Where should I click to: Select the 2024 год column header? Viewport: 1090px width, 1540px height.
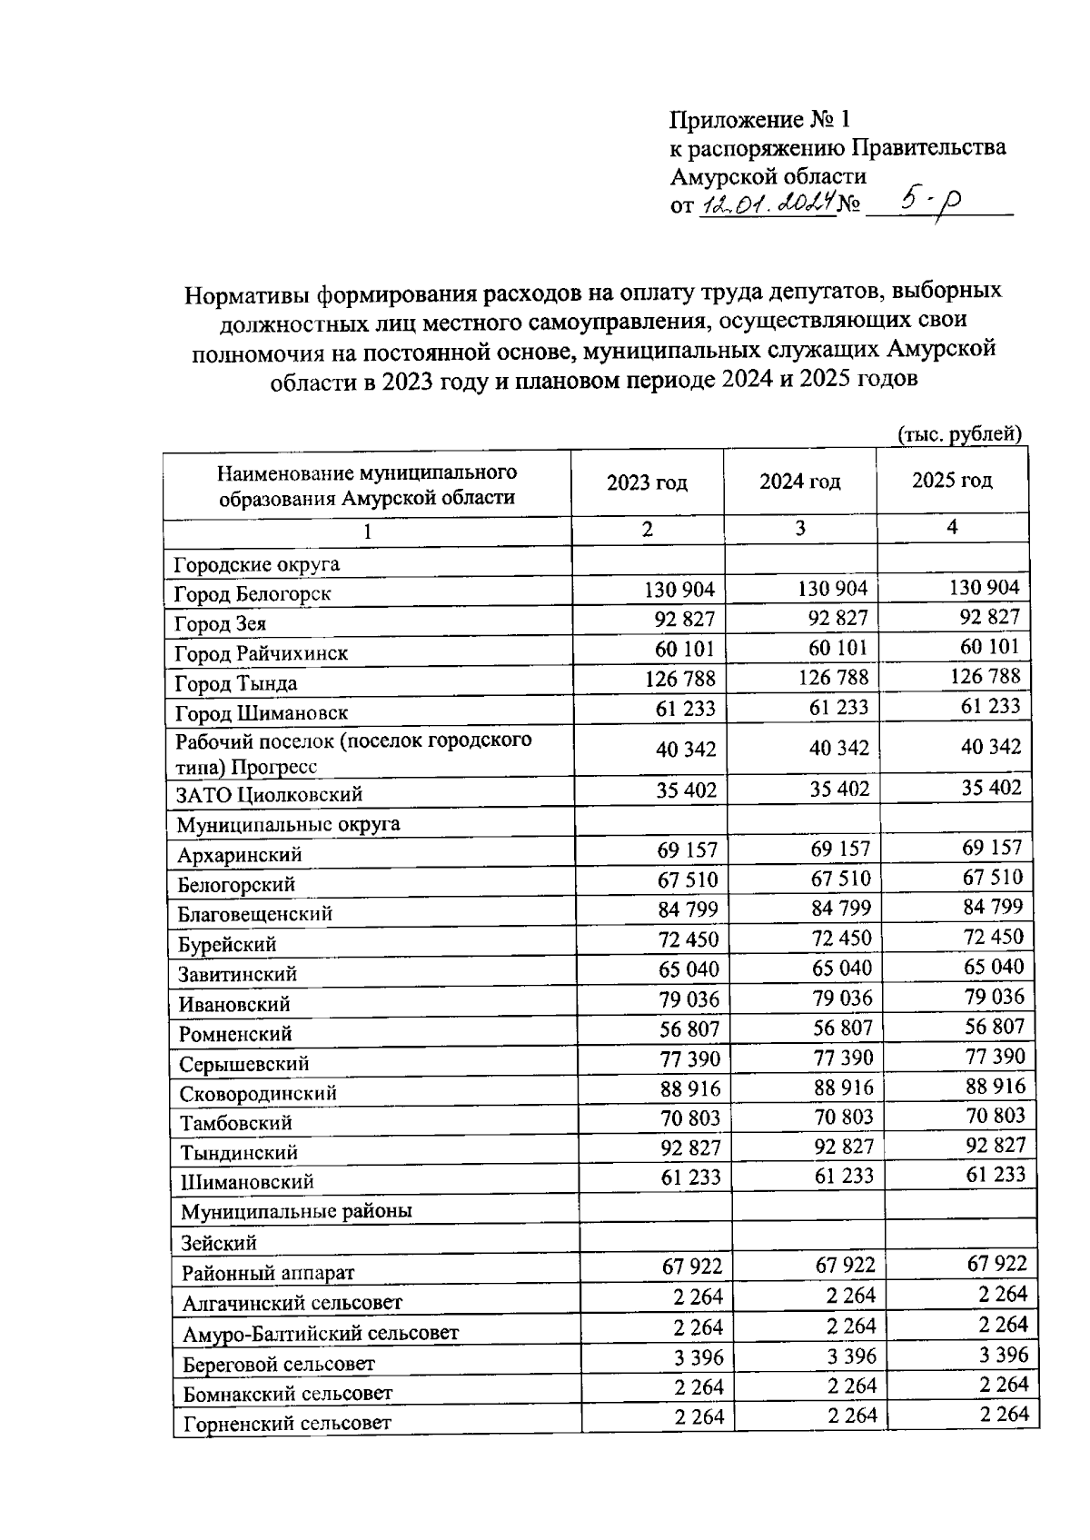tap(799, 482)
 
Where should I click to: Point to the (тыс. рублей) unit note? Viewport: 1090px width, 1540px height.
tap(959, 434)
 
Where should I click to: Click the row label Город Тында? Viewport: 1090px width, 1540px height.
tap(236, 683)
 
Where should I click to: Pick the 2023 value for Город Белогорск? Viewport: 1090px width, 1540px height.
tap(679, 591)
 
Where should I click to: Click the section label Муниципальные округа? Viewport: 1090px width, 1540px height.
tap(288, 825)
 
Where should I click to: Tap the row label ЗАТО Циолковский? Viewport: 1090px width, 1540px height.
tap(269, 795)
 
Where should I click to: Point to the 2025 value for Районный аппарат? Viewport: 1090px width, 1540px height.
tap(996, 1263)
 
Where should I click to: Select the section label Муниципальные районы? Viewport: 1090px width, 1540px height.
tap(296, 1212)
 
